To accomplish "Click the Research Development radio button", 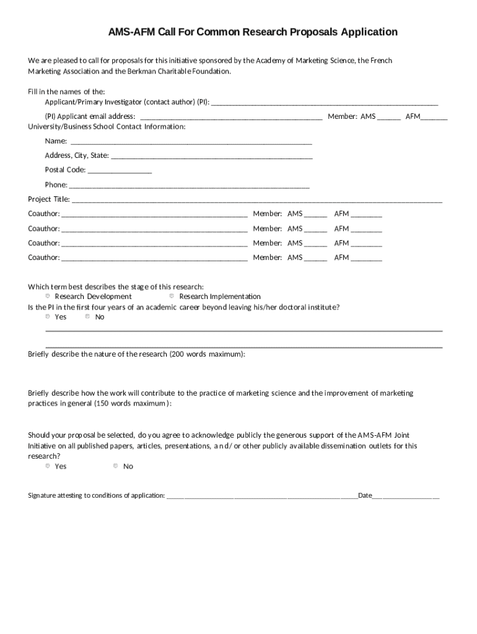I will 48,296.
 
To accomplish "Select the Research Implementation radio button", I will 172,296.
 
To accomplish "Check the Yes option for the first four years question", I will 48,316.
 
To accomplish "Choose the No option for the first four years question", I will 88,316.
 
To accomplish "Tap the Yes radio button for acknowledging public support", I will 48,466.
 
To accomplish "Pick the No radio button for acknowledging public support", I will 116,466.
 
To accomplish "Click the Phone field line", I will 189,185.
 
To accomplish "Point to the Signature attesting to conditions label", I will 97,495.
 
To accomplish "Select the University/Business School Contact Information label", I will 107,126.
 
